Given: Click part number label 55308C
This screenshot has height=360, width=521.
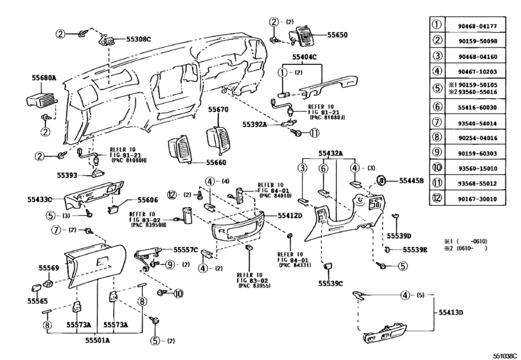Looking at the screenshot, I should click(x=137, y=40).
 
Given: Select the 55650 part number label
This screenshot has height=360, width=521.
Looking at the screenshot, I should click(x=341, y=35).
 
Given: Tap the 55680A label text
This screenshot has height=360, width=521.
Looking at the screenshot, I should click(x=44, y=78).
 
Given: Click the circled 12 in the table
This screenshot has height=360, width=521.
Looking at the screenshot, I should click(x=436, y=198).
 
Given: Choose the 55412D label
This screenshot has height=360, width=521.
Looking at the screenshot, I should click(x=290, y=217).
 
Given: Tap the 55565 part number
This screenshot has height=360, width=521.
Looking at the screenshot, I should click(x=38, y=300).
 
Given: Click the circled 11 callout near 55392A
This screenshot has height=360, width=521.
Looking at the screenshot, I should click(x=314, y=133).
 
